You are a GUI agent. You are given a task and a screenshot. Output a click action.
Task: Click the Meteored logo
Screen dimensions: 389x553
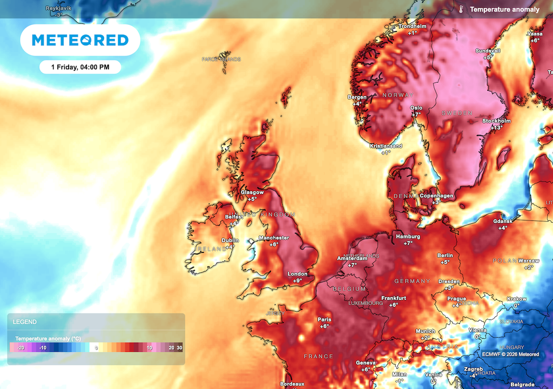pos(80,40)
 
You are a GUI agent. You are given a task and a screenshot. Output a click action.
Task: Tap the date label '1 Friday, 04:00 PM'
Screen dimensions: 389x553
pos(80,67)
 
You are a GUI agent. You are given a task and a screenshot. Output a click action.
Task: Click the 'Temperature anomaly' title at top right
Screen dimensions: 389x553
pos(504,10)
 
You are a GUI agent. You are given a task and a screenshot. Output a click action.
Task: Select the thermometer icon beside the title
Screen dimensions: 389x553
pos(462,9)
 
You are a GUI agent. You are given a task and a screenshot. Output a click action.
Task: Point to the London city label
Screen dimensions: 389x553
pos(297,274)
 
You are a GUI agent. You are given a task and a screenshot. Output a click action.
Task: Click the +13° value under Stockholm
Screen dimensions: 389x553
pos(496,128)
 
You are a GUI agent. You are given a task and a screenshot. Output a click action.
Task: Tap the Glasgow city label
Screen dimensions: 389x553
pos(252,192)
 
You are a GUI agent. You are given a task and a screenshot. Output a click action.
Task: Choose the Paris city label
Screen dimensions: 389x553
pos(324,319)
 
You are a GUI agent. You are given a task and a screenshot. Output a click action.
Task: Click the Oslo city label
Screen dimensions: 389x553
pos(416,108)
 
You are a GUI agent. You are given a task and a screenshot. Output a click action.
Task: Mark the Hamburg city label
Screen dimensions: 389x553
pos(408,237)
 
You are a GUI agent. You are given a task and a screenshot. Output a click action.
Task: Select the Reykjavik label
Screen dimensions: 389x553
pos(59,9)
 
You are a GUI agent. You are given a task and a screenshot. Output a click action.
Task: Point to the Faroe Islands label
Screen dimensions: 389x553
pos(221,59)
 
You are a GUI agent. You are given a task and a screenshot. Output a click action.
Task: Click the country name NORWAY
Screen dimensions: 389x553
pos(397,95)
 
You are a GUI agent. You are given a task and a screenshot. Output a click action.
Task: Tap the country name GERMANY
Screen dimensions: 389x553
pos(412,281)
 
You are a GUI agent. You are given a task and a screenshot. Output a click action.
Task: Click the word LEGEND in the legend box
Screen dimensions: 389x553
pos(25,322)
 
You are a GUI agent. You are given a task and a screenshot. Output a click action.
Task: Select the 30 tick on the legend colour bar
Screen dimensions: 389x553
pos(179,348)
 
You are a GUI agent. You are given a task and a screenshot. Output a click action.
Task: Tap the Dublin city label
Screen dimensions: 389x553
pos(231,240)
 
